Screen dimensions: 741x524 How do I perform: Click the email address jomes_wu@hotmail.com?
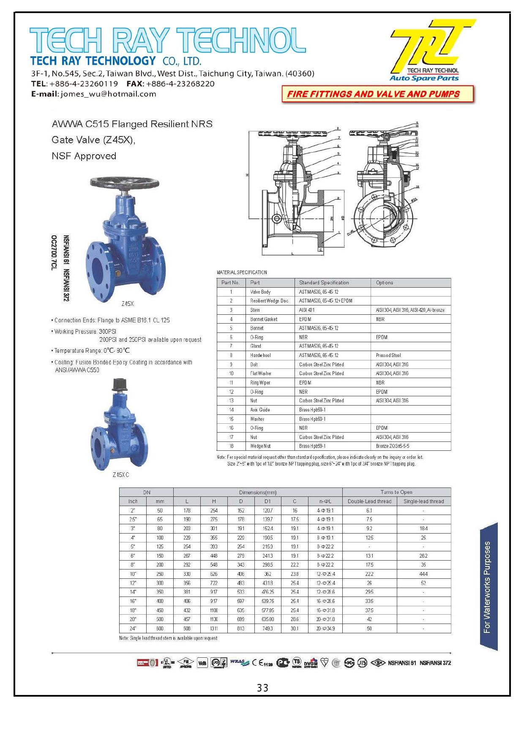point(108,94)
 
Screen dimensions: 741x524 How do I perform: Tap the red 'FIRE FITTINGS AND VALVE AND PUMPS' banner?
point(373,94)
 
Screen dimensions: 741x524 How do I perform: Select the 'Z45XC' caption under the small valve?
point(121,475)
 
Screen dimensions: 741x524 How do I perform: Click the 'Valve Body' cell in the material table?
point(260,292)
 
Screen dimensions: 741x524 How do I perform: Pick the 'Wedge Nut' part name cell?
point(260,446)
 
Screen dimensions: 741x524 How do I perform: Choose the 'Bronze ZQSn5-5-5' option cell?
point(393,446)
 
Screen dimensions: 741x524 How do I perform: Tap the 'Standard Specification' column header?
point(324,283)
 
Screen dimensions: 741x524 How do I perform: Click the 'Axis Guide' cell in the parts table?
point(260,410)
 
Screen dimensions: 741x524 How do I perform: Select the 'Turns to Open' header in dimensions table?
point(396,492)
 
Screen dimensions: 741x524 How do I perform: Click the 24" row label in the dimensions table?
point(133,629)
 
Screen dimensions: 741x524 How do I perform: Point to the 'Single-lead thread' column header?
point(423,501)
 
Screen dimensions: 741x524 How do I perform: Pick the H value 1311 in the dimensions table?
point(214,629)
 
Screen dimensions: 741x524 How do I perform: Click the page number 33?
point(262,688)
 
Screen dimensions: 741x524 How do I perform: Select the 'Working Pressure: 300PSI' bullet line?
point(85,332)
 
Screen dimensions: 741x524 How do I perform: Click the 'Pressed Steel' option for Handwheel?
point(388,355)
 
